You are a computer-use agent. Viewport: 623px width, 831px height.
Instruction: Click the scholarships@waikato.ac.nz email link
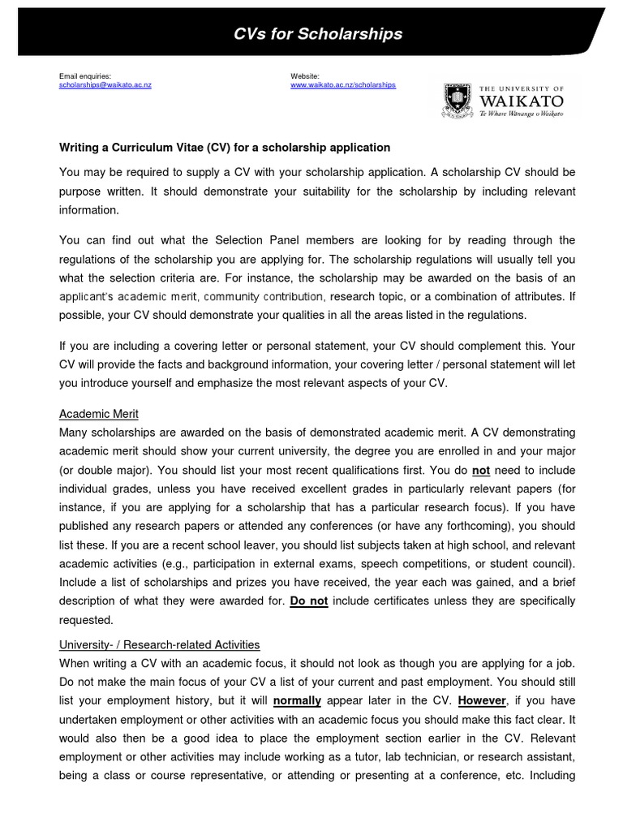pyautogui.click(x=105, y=84)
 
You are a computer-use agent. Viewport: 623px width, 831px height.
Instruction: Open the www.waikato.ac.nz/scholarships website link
pyautogui.click(x=344, y=84)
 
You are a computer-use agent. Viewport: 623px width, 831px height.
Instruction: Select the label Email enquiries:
pyautogui.click(x=85, y=75)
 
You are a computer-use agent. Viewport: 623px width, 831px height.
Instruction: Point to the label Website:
pyautogui.click(x=305, y=75)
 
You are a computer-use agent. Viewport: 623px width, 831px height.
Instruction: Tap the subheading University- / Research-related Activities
pyautogui.click(x=160, y=644)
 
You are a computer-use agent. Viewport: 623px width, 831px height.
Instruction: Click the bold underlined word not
pyautogui.click(x=481, y=471)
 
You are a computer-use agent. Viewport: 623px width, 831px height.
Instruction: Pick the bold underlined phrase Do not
pyautogui.click(x=309, y=601)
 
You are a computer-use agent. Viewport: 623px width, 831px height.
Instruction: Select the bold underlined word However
pyautogui.click(x=483, y=700)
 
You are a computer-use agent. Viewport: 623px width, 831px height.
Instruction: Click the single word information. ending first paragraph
pyautogui.click(x=89, y=210)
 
